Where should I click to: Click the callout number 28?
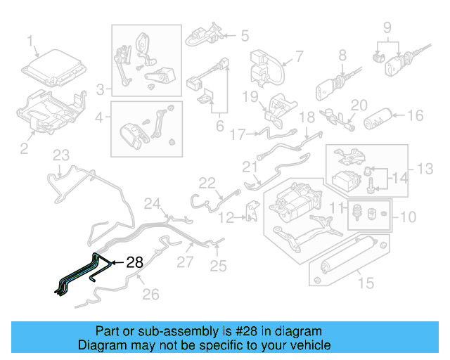134,263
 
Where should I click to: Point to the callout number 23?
62,155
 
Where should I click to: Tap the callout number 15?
364,283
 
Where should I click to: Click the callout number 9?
387,28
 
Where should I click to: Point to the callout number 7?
298,56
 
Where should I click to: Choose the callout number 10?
408,216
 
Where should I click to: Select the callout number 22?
206,183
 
